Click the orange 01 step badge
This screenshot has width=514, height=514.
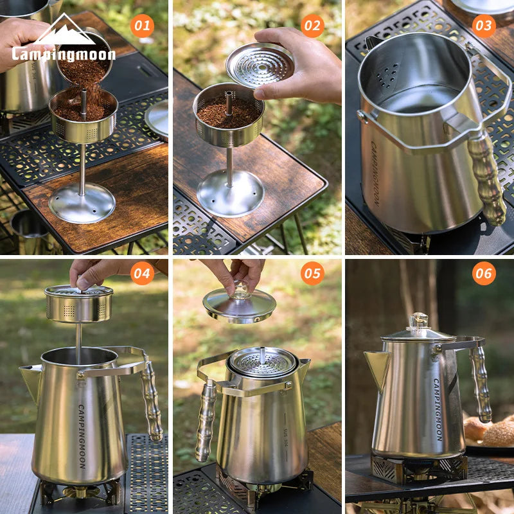[x=142, y=26]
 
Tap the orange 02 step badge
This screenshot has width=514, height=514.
[x=312, y=26]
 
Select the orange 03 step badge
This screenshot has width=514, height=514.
[x=484, y=26]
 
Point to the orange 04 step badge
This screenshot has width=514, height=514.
[x=142, y=274]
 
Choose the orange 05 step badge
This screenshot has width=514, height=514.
[x=312, y=274]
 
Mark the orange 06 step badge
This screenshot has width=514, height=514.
[x=484, y=274]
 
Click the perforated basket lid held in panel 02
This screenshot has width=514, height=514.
[x=260, y=64]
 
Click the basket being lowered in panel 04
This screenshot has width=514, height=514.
[x=79, y=303]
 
